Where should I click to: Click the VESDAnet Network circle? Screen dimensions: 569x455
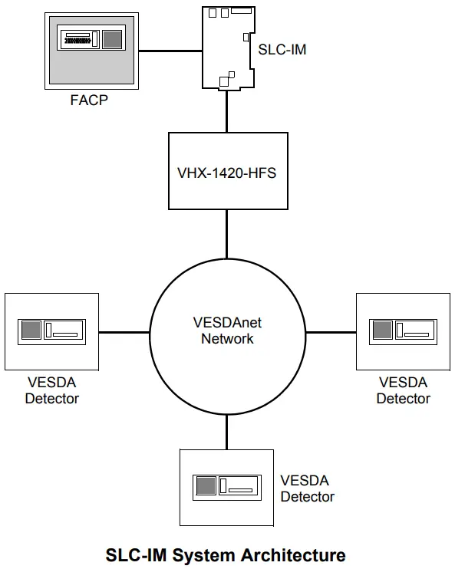click(227, 331)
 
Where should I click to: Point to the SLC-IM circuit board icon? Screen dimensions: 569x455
click(226, 48)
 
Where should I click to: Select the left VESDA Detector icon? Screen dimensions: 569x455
click(51, 331)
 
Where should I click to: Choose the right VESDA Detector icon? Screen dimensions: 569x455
click(403, 331)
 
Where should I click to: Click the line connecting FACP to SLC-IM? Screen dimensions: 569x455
click(170, 51)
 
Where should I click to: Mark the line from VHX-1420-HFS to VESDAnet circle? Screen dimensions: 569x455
click(227, 235)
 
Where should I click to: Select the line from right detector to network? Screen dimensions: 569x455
click(331, 332)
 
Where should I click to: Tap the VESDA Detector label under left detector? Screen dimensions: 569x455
click(51, 390)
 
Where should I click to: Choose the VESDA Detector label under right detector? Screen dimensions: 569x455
click(403, 390)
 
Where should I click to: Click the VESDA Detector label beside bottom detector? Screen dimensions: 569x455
click(307, 488)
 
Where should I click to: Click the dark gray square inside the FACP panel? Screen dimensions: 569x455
click(112, 39)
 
